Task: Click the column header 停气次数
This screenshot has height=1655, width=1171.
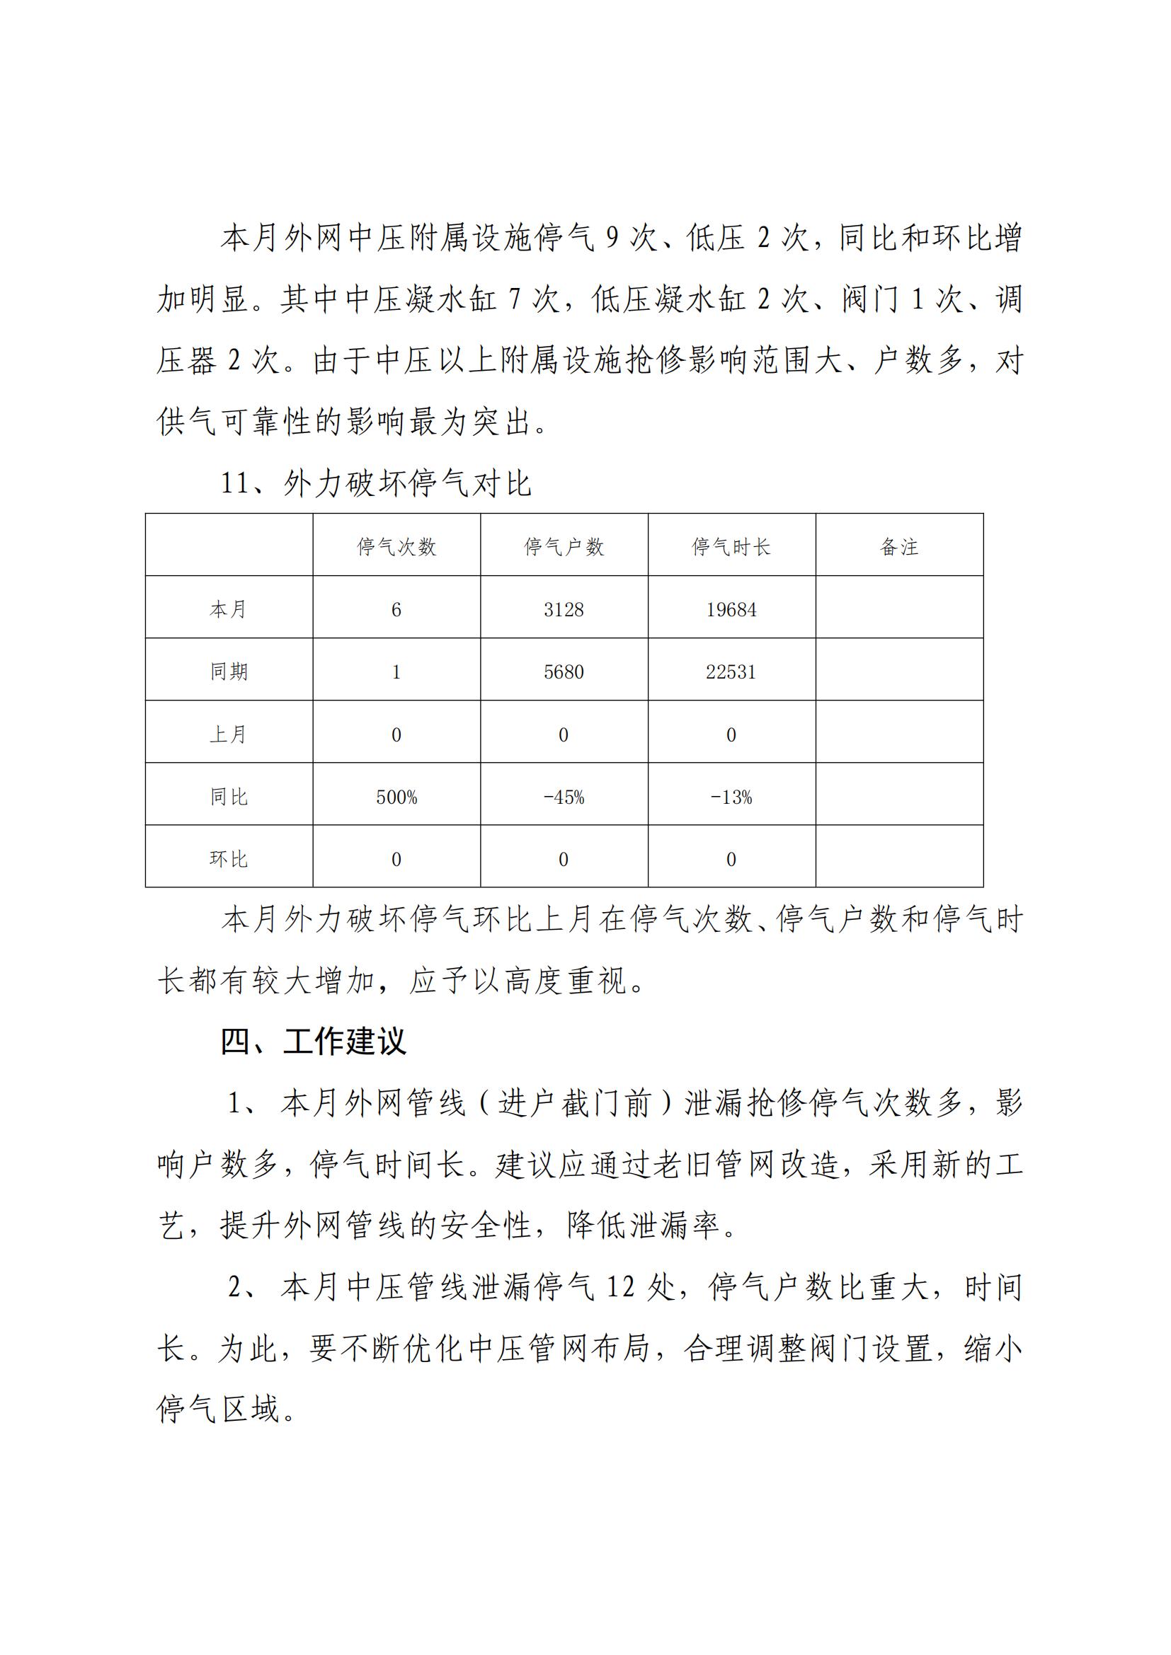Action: pos(396,547)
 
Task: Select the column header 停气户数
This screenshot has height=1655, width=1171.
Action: pos(564,547)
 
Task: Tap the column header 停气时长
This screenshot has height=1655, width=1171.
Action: pos(731,547)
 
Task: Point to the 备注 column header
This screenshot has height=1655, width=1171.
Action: pos(899,547)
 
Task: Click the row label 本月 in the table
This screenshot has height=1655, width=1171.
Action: pos(229,610)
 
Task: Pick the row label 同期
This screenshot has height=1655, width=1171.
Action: pos(229,671)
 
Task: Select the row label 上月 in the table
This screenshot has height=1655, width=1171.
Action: pos(229,734)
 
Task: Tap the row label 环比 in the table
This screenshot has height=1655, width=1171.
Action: pos(229,859)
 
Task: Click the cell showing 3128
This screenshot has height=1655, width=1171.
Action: pos(564,610)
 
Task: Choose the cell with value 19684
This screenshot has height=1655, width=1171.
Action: pos(731,610)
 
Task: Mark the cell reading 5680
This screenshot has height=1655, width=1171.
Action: pos(564,671)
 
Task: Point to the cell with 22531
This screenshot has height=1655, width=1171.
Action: pos(731,671)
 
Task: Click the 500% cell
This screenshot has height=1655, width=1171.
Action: pos(396,797)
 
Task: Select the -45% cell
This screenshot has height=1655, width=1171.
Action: pos(564,797)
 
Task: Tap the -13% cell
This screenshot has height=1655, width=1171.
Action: pos(731,797)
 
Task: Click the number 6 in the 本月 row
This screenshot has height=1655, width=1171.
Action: pos(396,610)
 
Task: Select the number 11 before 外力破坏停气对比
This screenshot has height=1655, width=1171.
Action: pos(236,483)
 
